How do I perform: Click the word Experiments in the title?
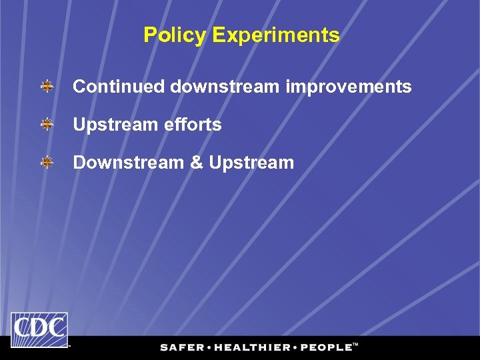(x=275, y=35)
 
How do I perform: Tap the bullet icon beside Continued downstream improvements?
(x=47, y=87)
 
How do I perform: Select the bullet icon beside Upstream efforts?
(x=47, y=125)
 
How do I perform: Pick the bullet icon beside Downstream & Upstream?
(x=47, y=163)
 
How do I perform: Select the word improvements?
(x=349, y=87)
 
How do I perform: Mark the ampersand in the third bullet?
(x=197, y=163)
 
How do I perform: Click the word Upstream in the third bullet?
(x=251, y=163)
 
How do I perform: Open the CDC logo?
(x=39, y=330)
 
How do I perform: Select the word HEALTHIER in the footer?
(x=253, y=347)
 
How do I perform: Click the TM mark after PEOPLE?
(x=355, y=345)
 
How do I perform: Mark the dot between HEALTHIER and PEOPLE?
(x=296, y=347)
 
